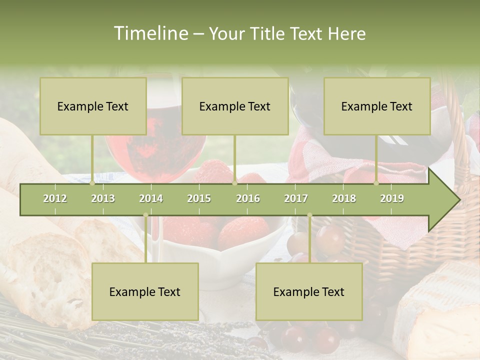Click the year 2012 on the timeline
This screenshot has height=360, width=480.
[x=55, y=198]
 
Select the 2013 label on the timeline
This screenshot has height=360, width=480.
[x=103, y=198]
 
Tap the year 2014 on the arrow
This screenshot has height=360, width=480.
[x=151, y=198]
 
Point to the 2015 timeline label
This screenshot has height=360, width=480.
[x=199, y=198]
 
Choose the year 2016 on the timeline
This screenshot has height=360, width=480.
[x=248, y=198]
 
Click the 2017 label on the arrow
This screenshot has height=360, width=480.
[x=296, y=198]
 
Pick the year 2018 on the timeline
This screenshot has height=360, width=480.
[x=344, y=198]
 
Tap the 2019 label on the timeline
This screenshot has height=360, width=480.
[x=392, y=198]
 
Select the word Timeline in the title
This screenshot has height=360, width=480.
[x=150, y=33]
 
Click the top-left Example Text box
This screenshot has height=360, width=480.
[x=93, y=106]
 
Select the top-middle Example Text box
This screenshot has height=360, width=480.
[x=235, y=106]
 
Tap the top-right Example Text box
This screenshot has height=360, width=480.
[x=377, y=106]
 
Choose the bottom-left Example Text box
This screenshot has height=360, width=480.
[x=145, y=291]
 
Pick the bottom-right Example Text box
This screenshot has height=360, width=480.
[x=309, y=291]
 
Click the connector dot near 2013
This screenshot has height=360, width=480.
[x=92, y=183]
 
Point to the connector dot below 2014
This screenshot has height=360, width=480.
[x=145, y=215]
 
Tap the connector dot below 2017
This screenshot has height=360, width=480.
[x=309, y=215]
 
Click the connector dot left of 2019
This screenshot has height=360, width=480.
[x=376, y=183]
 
